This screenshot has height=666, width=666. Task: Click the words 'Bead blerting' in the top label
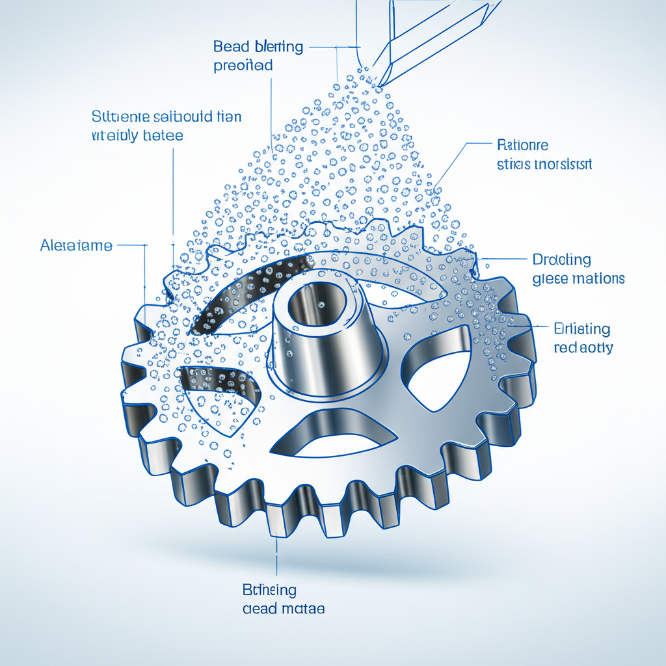pos(258,47)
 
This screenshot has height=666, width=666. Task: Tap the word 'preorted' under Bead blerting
pos(243,66)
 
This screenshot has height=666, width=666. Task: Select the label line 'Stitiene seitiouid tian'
pos(166,117)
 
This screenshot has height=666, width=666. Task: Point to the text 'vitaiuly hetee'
pos(137,136)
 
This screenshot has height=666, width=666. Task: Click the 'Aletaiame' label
pos(76,246)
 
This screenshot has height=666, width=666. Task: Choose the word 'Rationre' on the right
pos(522,144)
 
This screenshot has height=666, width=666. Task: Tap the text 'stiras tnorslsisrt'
pos(544,164)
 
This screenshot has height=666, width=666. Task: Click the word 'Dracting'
pos(562,260)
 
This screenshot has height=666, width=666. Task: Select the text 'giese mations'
pos(578,278)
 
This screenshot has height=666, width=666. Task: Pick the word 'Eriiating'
pos(581,328)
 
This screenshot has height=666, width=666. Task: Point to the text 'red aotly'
pos(583,348)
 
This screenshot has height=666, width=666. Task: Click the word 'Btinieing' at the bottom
pos(269,590)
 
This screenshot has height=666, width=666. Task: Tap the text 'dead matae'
pos(284,609)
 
